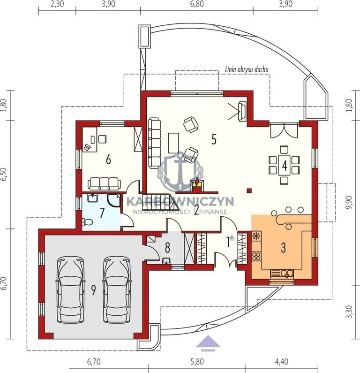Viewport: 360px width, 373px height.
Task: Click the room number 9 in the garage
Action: coord(93,290)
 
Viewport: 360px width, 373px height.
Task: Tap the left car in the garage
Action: coord(70,289)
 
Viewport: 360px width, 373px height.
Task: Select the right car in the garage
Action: coord(117,289)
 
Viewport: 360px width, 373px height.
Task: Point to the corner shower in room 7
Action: coord(113,201)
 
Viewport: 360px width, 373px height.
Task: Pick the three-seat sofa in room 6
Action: coord(104,183)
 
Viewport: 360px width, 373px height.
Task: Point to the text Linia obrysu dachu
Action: coord(247,69)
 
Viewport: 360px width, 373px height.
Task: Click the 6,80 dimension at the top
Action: coord(197,4)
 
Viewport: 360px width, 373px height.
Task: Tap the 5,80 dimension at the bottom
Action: coord(197,362)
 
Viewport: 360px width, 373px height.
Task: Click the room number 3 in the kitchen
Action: coord(283,248)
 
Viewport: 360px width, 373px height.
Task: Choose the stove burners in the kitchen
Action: coord(256,257)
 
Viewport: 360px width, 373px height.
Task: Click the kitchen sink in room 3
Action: coord(287,274)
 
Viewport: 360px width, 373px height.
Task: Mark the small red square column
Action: coord(249,190)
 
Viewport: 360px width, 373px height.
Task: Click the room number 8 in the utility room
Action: coord(167,248)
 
